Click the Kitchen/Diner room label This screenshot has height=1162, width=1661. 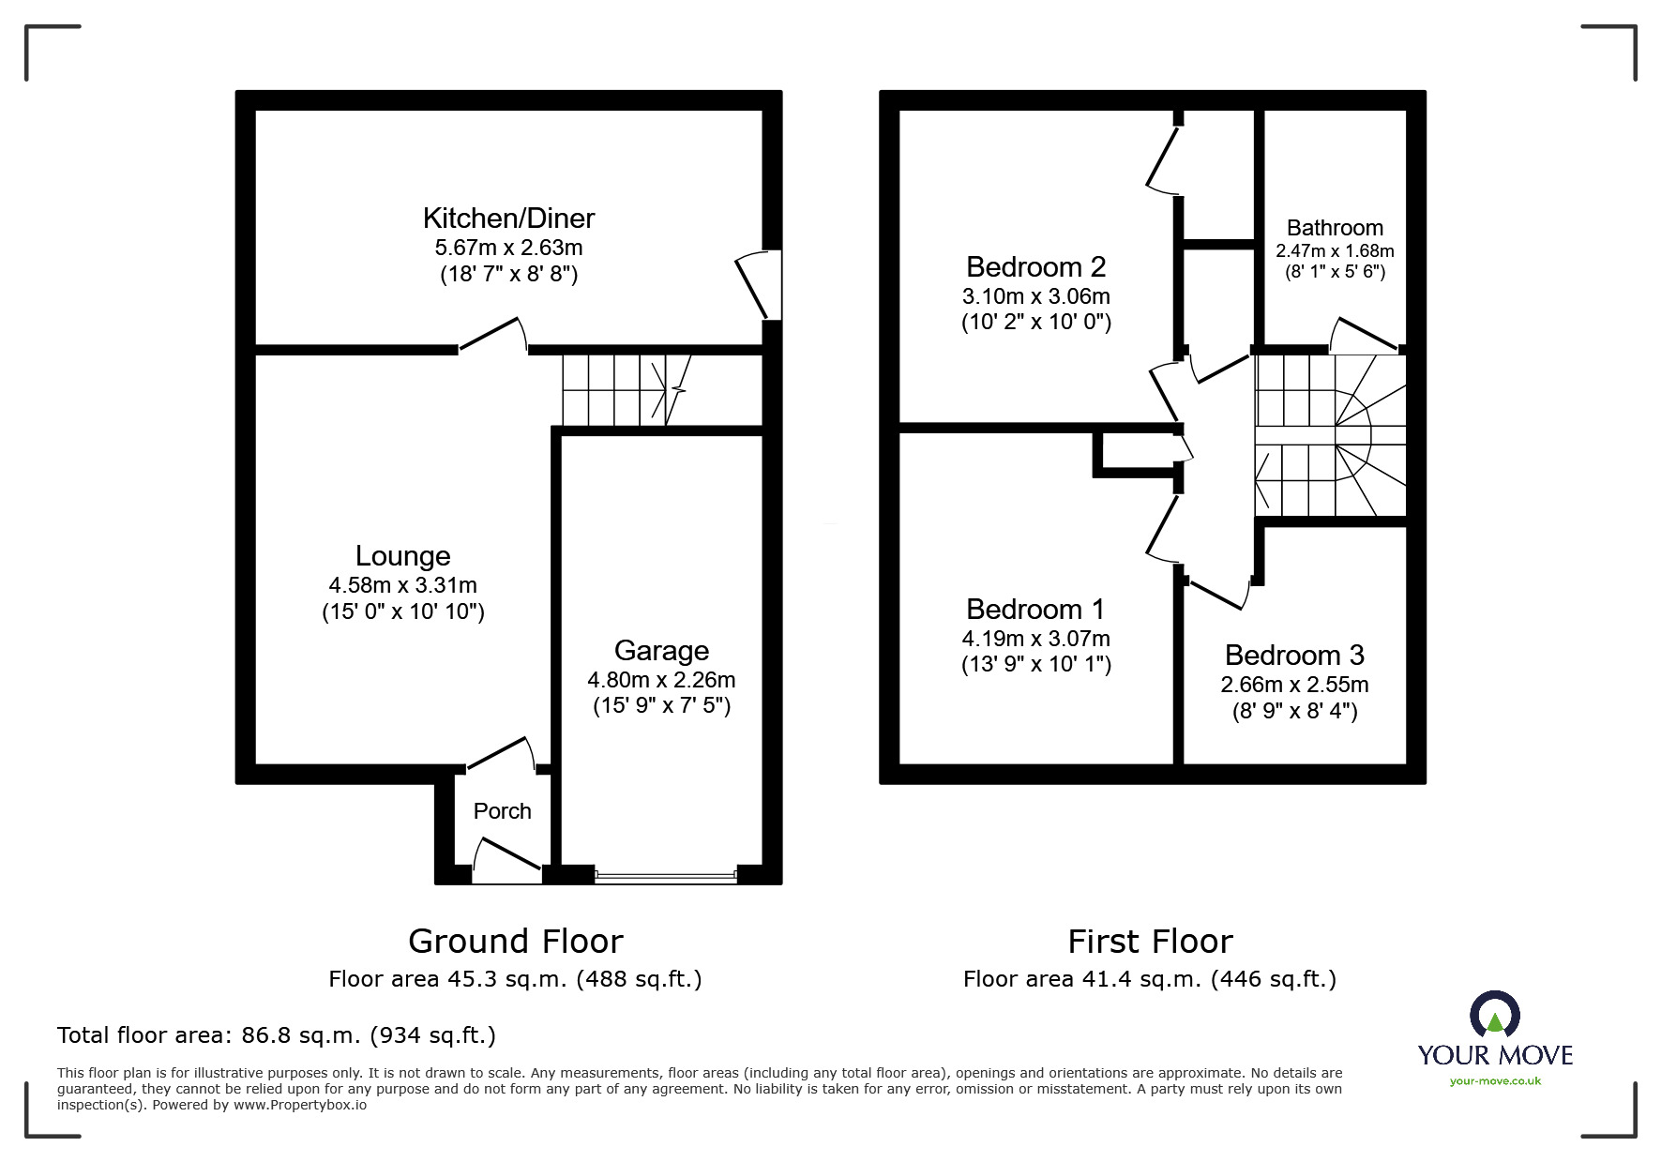click(508, 219)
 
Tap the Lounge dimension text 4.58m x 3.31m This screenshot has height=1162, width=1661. click(402, 585)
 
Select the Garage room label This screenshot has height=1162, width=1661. click(661, 651)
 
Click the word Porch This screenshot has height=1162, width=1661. click(502, 811)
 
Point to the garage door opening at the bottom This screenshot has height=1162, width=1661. click(665, 878)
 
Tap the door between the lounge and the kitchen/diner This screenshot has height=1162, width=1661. click(492, 336)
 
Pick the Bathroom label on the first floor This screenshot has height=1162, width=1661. click(1335, 228)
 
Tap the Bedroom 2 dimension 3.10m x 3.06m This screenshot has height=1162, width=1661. click(1035, 296)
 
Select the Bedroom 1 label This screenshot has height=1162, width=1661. click(1035, 610)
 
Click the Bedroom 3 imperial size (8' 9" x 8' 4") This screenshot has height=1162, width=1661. click(1294, 711)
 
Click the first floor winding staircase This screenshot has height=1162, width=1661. click(1331, 435)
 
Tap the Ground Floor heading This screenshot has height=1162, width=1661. click(515, 941)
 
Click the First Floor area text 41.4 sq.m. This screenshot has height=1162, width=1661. click(1149, 979)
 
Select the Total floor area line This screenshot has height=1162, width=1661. click(277, 1035)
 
